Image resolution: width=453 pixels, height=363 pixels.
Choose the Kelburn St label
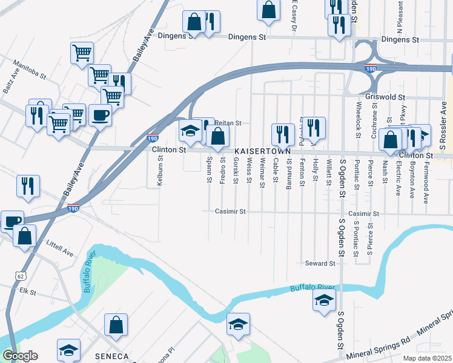pos(160,172)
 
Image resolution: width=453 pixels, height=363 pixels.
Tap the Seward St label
pos(320,264)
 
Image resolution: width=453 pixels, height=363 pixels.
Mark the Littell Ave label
pos(59,249)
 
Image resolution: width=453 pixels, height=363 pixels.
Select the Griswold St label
pos(385,96)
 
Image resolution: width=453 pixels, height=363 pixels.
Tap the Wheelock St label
pos(359,119)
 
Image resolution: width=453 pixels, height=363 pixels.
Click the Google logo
pos(19,356)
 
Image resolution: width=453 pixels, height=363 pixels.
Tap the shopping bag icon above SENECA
pos(116,325)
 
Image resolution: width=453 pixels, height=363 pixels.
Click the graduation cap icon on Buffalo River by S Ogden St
pos(324,299)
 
